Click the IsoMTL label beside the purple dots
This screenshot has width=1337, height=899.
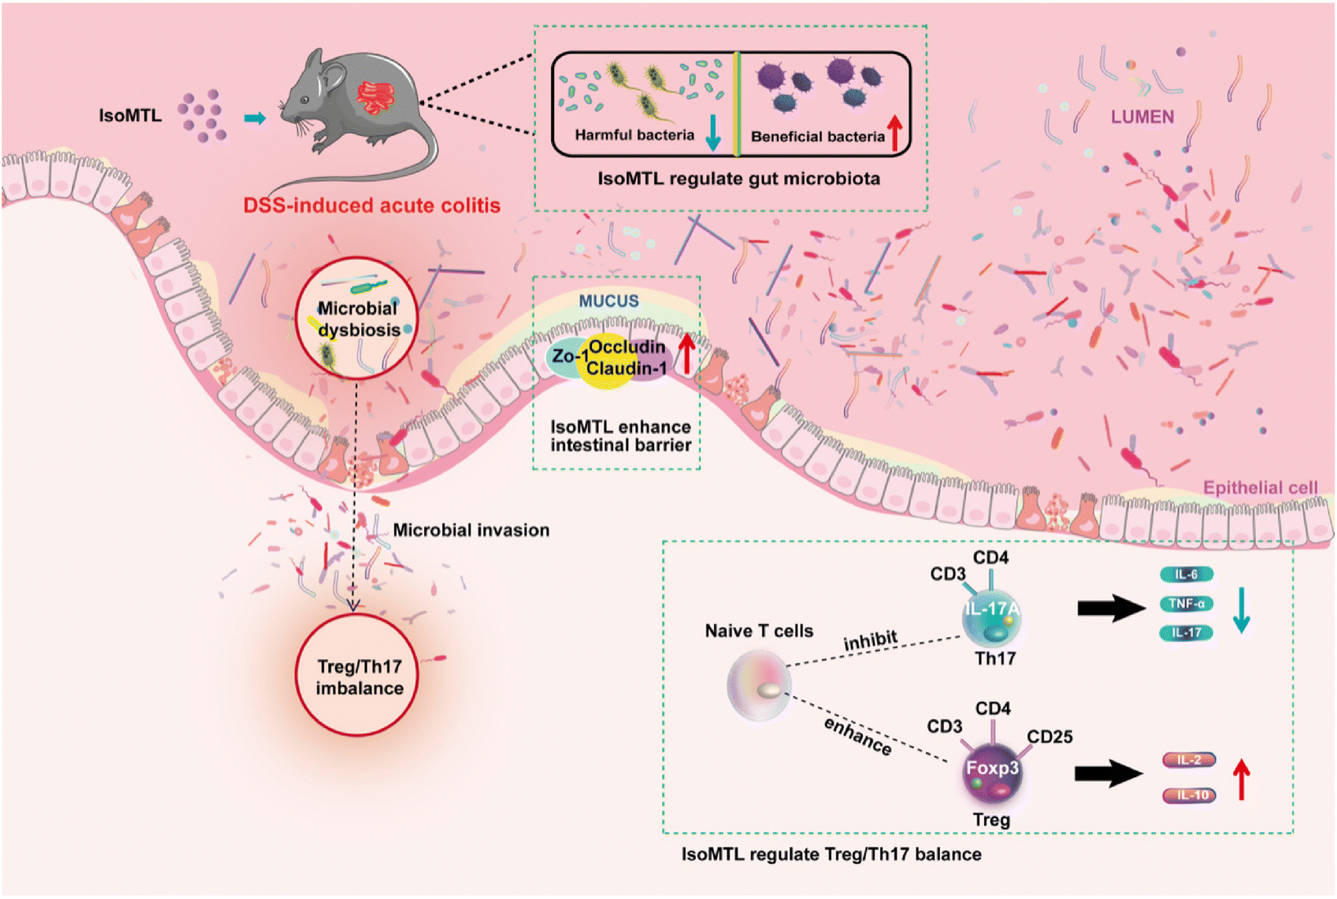click(130, 116)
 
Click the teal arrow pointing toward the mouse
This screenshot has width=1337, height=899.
click(255, 118)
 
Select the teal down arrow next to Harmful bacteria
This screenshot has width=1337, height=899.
click(713, 133)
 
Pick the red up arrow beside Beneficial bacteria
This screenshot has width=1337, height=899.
click(895, 133)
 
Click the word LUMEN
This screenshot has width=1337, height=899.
click(1142, 117)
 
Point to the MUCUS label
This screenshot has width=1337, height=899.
click(608, 301)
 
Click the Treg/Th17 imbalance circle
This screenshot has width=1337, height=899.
click(357, 676)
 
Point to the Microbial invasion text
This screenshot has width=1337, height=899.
click(471, 531)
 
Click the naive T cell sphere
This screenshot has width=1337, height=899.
click(759, 686)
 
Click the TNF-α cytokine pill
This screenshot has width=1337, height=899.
click(1186, 604)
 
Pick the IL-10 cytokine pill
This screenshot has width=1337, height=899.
click(1190, 795)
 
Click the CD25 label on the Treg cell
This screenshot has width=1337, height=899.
click(1050, 737)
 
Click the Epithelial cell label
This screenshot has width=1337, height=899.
click(1260, 488)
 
